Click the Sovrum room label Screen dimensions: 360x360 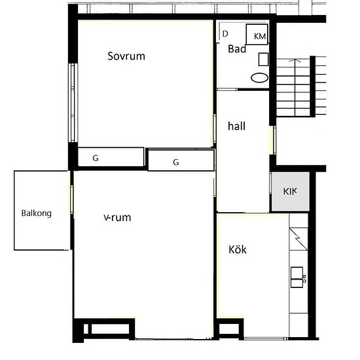tap(126, 56)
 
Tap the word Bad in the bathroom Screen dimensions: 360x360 tap(237, 49)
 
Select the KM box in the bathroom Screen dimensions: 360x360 tap(257, 34)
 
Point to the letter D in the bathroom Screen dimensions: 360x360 tap(225, 34)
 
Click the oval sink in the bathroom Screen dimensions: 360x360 tap(259, 78)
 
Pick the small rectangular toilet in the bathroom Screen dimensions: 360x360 tap(263, 59)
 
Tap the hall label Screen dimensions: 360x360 tap(236, 126)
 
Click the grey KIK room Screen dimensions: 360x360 tap(290, 192)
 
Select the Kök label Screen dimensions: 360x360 tap(238, 249)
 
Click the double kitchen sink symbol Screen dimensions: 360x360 tap(297, 277)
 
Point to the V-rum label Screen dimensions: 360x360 tap(117, 217)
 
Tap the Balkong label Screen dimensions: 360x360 tap(36, 213)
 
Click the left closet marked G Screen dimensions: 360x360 tap(111, 157)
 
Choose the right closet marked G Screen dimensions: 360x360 tap(181, 160)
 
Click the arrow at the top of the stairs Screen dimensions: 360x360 tap(295, 60)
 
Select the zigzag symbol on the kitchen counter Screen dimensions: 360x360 tap(298, 239)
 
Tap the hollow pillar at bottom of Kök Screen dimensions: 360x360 tap(230, 329)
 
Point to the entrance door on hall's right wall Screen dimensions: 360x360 tap(273, 140)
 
